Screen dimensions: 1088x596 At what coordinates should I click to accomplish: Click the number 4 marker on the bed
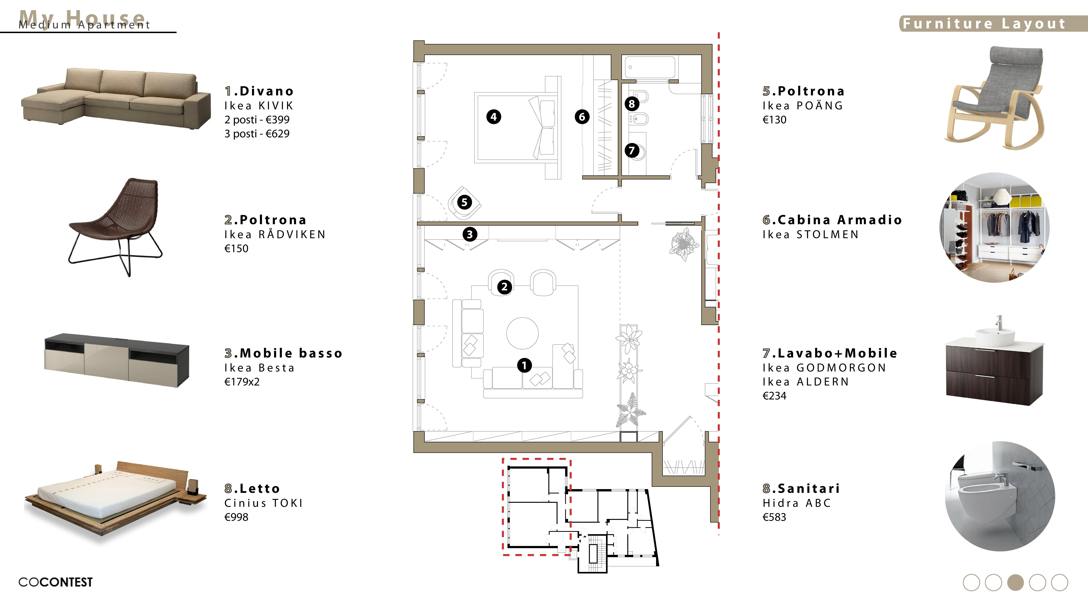[x=493, y=117]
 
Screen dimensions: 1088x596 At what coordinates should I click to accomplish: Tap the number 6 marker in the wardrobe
[x=582, y=117]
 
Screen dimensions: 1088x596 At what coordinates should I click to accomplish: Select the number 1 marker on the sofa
[x=524, y=366]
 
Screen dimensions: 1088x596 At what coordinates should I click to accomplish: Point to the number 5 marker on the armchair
[x=464, y=203]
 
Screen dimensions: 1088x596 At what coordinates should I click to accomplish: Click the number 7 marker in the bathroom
[x=632, y=150]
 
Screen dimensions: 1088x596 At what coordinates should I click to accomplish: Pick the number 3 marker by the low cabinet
[x=470, y=234]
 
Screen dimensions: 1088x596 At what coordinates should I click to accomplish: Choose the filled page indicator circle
[x=1015, y=582]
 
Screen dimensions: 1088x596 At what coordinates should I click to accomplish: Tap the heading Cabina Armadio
[x=832, y=220]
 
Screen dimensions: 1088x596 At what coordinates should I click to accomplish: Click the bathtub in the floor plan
[x=650, y=68]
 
